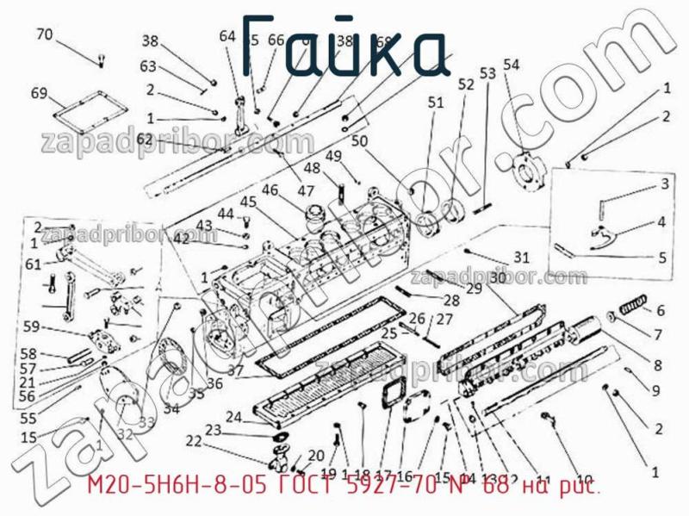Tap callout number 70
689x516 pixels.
45,35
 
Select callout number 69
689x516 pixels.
39,93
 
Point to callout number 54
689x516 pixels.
512,65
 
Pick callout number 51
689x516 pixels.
435,103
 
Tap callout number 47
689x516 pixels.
306,190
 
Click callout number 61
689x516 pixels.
33,264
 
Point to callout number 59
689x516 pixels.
31,326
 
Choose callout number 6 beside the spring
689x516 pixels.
661,311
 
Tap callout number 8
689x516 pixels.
657,364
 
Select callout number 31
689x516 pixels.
522,257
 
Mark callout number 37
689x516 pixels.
235,371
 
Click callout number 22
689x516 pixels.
193,441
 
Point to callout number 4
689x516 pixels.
661,221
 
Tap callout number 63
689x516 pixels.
148,66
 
